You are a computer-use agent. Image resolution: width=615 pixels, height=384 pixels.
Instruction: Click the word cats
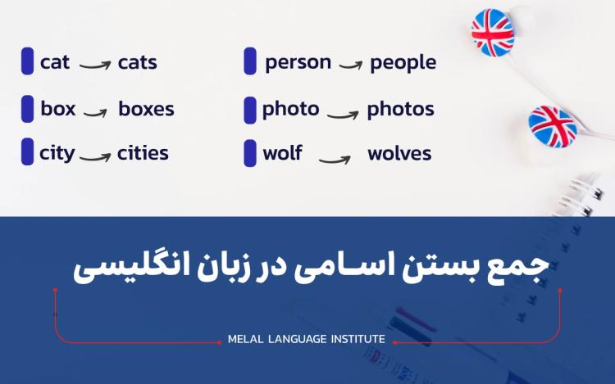tap(137, 62)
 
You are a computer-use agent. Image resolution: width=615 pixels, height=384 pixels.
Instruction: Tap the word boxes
tap(146, 109)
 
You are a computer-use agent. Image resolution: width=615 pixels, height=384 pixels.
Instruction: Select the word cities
tap(143, 153)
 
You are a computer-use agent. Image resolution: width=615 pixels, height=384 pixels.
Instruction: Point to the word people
tap(403, 62)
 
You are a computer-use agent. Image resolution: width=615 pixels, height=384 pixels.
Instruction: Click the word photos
tap(400, 109)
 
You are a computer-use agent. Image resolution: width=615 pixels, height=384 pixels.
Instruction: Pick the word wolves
tap(399, 153)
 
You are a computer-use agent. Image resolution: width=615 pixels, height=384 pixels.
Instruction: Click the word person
tap(298, 62)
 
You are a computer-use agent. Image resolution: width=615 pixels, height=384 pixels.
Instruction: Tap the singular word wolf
tap(282, 153)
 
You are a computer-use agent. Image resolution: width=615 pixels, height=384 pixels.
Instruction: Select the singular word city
tap(57, 153)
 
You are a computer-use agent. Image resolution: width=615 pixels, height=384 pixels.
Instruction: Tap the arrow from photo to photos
tap(343, 111)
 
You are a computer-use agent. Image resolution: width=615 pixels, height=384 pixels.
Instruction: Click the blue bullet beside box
tap(28, 109)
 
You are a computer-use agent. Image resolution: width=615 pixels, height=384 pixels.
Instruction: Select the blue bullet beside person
tap(250, 61)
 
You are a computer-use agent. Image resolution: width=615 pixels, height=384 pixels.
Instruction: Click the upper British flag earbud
tap(493, 32)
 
